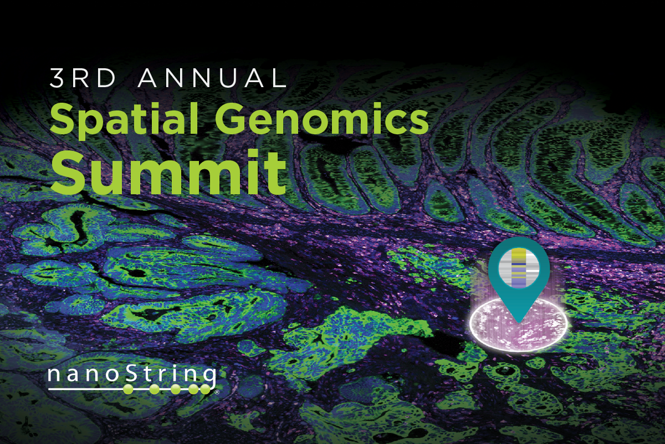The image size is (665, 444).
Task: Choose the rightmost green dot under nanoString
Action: pos(208,389)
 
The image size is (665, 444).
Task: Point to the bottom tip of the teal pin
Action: pos(519,321)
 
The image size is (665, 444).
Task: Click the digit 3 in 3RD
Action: pos(57,79)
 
